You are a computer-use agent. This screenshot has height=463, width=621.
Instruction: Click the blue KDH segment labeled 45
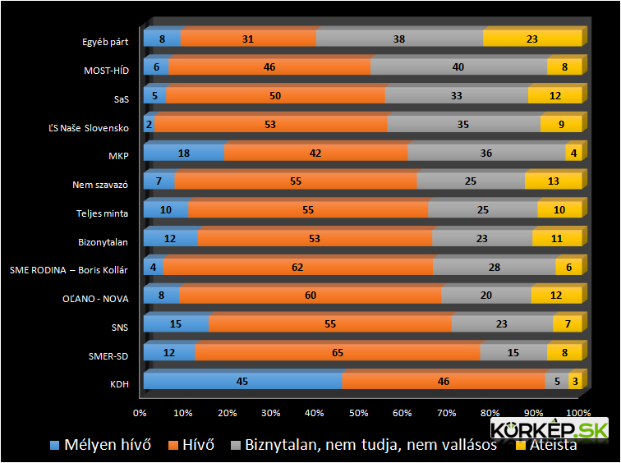point(242,381)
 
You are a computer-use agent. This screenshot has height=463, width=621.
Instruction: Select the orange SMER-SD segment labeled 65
point(338,352)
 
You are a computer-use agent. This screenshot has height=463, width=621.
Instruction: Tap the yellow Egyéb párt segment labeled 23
point(531,38)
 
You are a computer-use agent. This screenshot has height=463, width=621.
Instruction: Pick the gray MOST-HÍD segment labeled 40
point(458,67)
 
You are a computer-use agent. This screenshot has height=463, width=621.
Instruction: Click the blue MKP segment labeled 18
point(184,153)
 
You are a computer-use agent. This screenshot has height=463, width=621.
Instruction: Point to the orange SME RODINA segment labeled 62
point(297,267)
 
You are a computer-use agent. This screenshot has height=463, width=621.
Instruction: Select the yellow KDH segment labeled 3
point(575,381)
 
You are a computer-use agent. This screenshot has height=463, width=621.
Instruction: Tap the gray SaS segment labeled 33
point(456,95)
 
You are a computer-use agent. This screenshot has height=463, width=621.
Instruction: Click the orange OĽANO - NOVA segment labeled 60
point(310,296)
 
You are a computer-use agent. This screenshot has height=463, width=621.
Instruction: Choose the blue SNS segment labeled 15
point(176,324)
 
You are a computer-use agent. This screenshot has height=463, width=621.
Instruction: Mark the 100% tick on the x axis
point(577,411)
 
